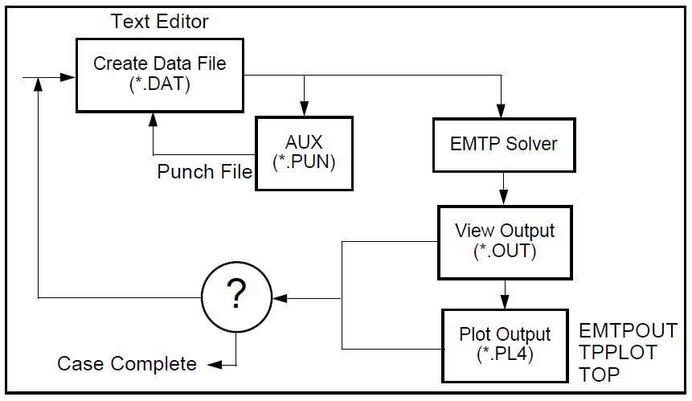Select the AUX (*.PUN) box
303,153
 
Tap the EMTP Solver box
504,145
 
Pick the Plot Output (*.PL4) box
504,343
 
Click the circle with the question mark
235,297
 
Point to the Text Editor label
159,20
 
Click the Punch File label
204,172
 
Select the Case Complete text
127,364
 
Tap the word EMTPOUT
628,331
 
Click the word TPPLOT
617,352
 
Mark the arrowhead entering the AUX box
303,112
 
